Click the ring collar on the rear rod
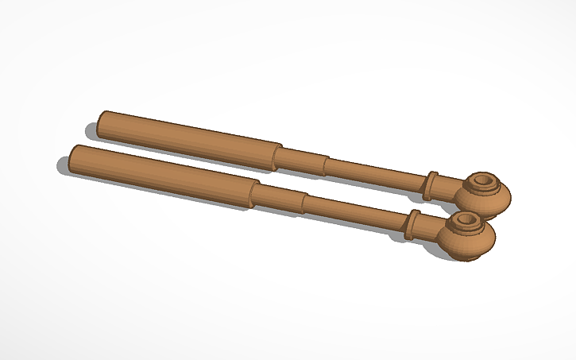(x=431, y=184)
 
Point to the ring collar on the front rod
(x=412, y=225)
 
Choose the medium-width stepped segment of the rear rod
(x=303, y=160)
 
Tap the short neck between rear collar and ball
(x=449, y=188)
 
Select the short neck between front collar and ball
(x=429, y=230)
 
